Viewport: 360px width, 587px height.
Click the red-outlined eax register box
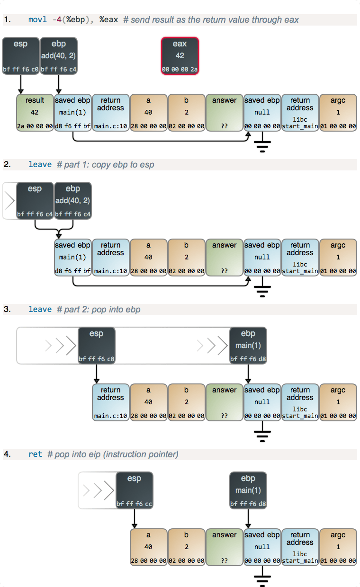click(180, 56)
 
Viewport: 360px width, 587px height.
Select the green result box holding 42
click(35, 113)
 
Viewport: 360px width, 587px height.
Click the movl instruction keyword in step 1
click(37, 19)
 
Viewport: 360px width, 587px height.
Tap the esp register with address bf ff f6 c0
click(20, 56)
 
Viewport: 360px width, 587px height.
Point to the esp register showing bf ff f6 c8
click(96, 346)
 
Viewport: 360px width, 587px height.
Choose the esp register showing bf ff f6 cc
click(134, 490)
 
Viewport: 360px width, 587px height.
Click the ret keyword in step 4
click(35, 454)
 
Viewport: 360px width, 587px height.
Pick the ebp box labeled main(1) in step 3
click(248, 346)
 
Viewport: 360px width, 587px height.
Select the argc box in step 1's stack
click(338, 113)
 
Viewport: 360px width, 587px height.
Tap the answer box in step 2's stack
click(224, 258)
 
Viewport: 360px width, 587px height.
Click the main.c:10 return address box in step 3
click(110, 402)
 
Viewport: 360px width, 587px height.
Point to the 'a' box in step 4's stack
click(148, 547)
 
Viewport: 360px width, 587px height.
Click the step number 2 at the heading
click(7, 165)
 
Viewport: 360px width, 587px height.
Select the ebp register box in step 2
click(72, 201)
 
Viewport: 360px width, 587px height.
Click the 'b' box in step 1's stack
click(186, 113)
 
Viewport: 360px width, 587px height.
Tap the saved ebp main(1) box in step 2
click(72, 258)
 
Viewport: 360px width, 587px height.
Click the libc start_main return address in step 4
click(300, 547)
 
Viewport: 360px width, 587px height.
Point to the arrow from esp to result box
click(20, 84)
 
